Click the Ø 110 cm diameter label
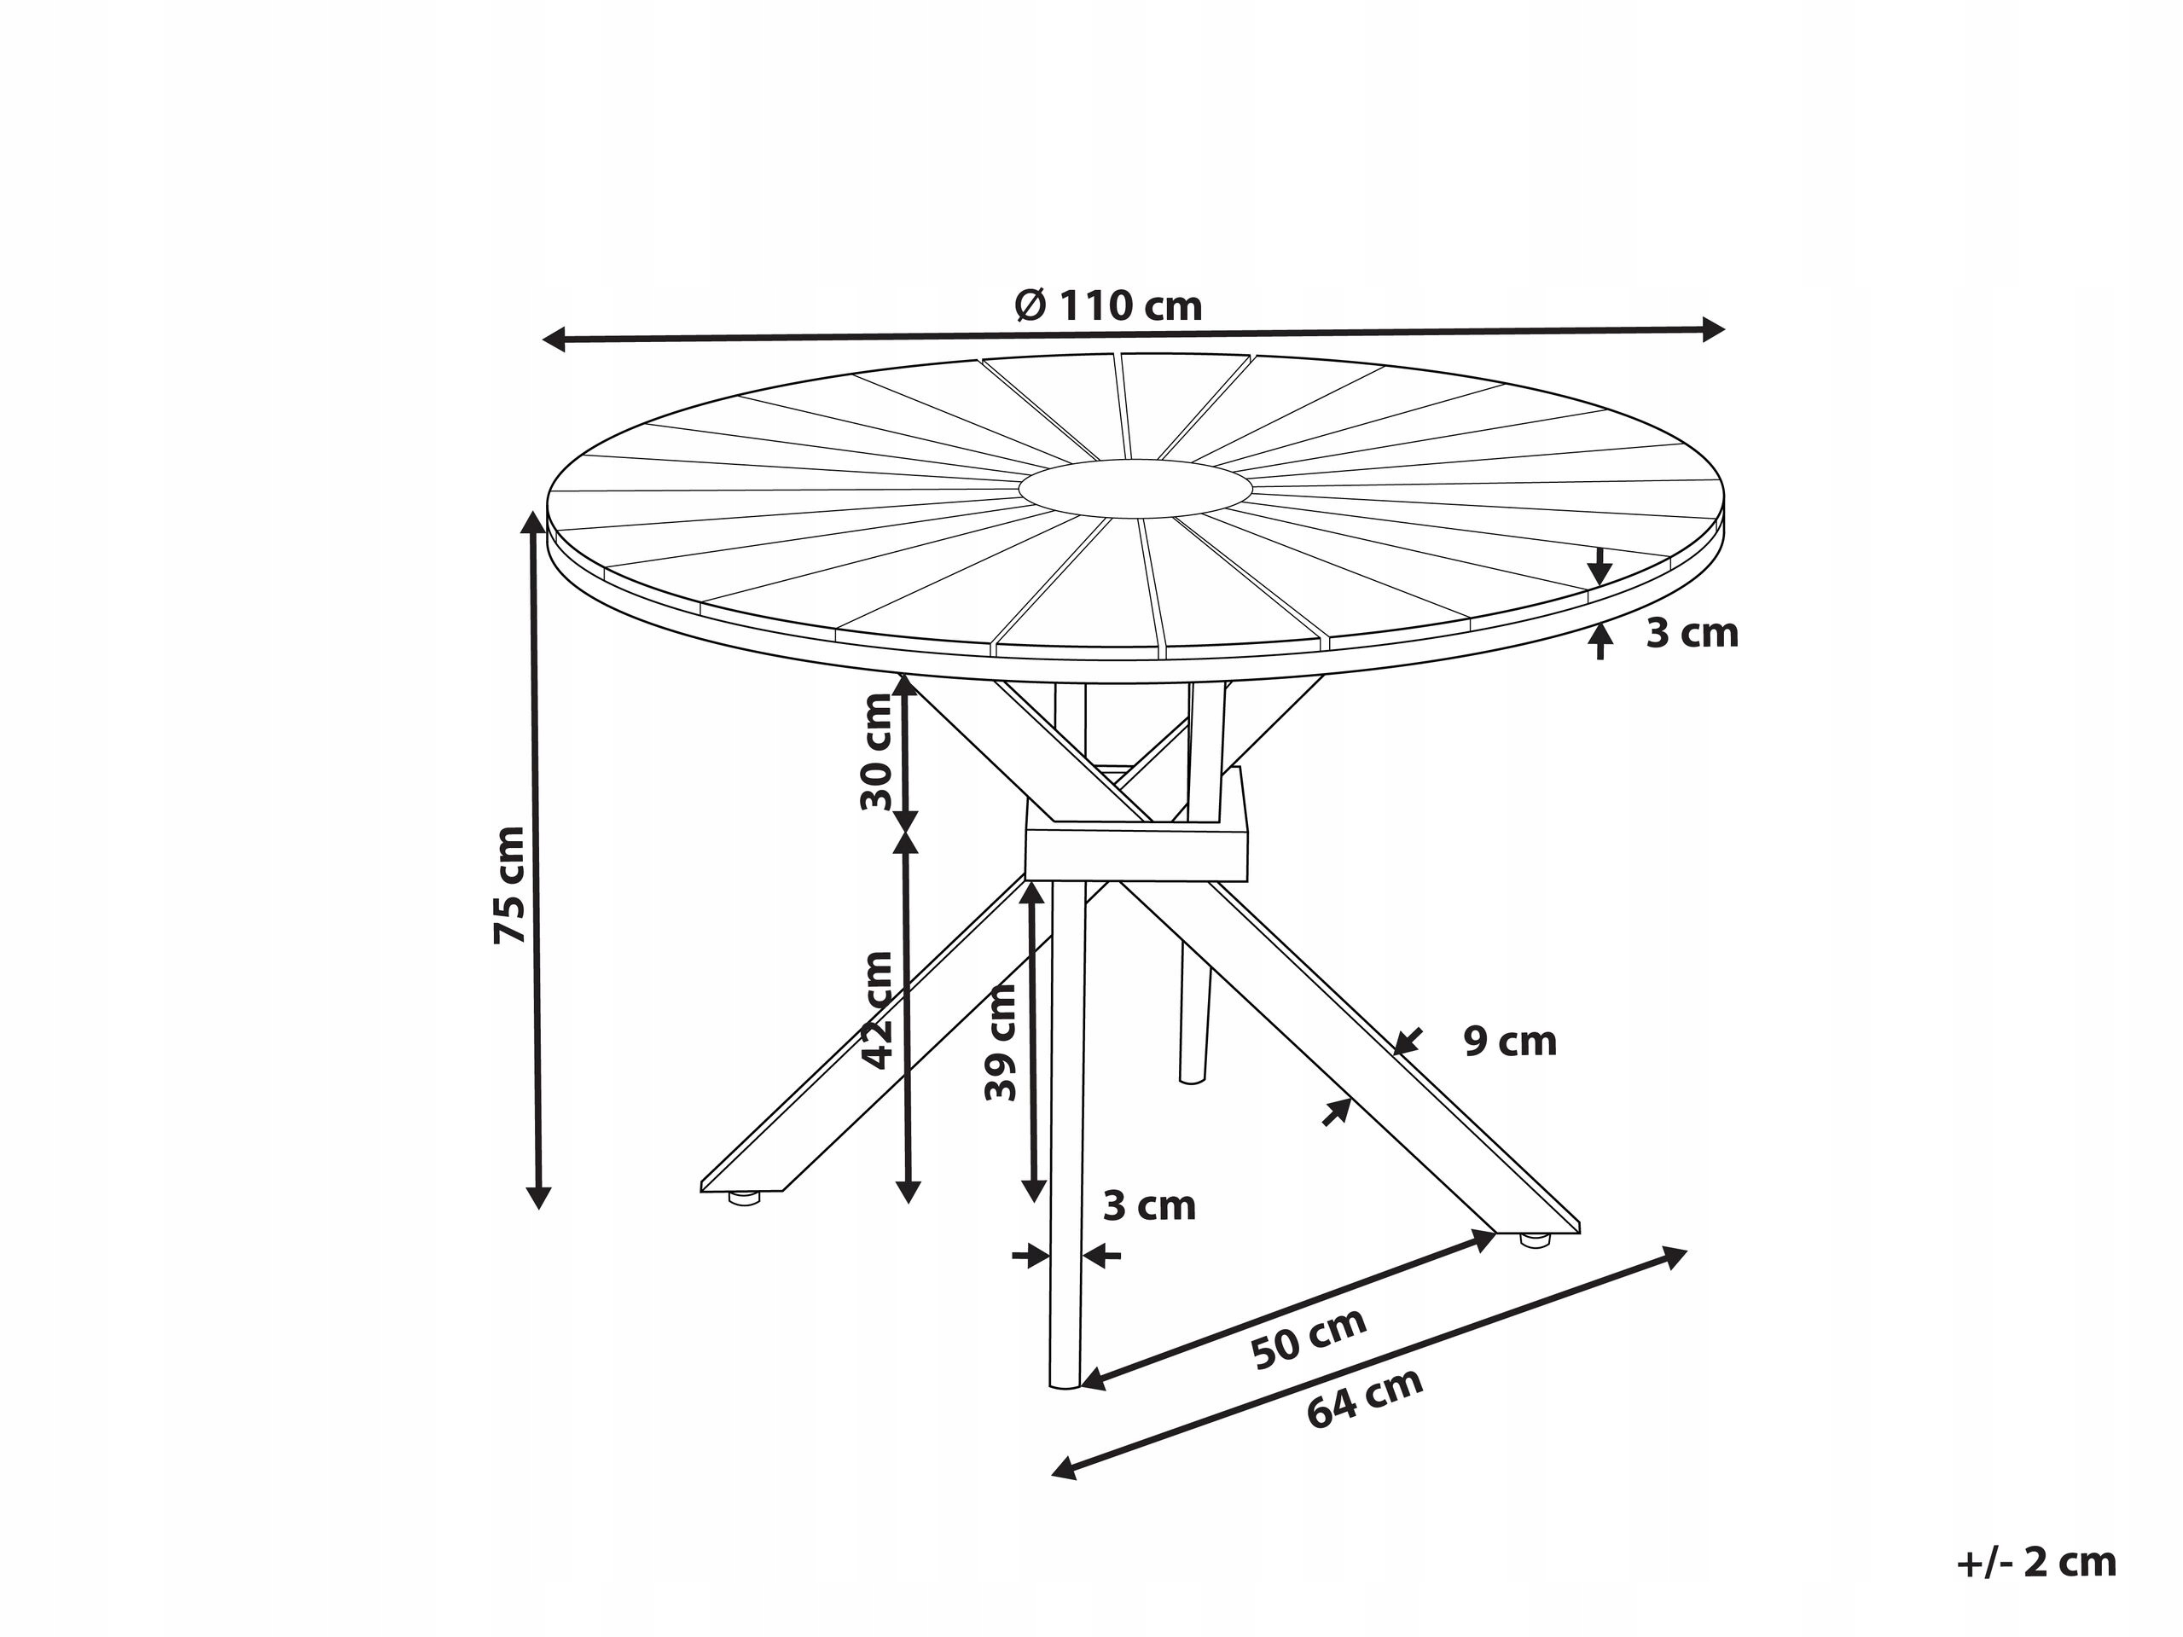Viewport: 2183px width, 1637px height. (1108, 306)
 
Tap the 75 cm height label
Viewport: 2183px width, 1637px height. (510, 885)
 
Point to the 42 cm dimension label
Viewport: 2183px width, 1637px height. (876, 1010)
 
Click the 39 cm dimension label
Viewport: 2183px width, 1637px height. (1000, 1042)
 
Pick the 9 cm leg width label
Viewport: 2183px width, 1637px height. (1510, 1042)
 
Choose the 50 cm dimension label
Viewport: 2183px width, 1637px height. (1309, 1339)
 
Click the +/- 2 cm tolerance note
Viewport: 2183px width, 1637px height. (2037, 1562)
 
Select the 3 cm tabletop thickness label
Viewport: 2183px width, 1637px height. (1692, 632)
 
